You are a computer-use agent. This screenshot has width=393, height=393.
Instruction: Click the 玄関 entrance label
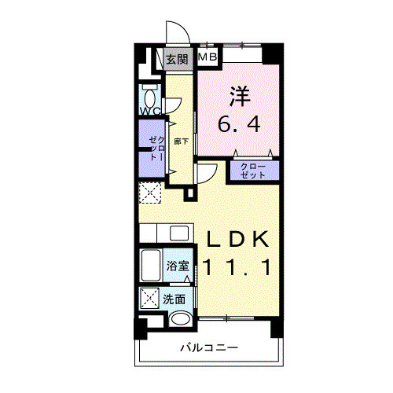tap(177, 59)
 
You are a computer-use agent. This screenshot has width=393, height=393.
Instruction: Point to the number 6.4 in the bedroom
tap(240, 124)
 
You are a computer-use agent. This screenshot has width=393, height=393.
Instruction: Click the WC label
tap(150, 112)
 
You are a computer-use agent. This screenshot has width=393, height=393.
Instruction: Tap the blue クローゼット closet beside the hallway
tap(152, 145)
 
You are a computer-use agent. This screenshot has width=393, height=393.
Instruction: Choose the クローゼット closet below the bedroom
tap(253, 171)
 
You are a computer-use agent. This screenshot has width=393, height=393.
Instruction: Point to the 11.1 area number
tap(237, 267)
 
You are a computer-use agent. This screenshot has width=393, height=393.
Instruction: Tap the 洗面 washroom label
tap(174, 299)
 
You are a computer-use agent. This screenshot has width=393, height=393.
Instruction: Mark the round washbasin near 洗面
tap(181, 319)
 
